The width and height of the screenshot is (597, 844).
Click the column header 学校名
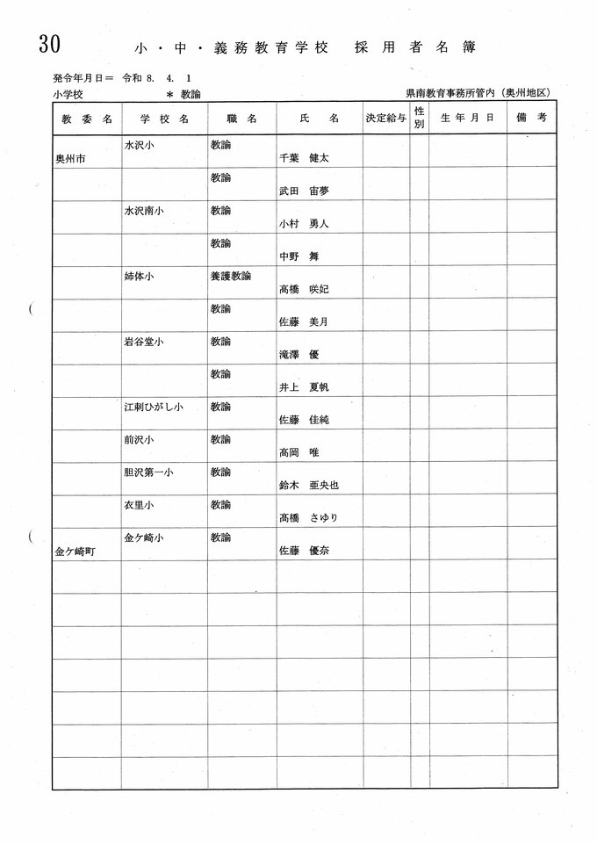164,117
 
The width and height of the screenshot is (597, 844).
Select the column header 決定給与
385,118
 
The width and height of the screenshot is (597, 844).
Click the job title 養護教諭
231,275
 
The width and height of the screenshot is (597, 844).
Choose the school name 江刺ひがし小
154,407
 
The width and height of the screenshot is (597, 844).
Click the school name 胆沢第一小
148,472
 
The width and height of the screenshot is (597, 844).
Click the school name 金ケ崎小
145,537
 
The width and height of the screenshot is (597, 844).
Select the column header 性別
419,118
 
